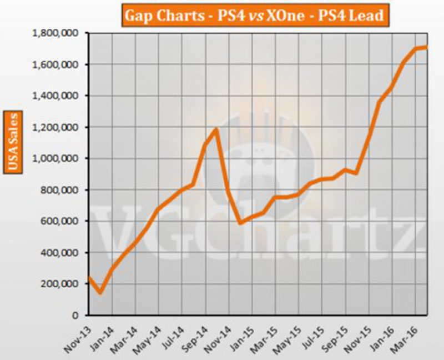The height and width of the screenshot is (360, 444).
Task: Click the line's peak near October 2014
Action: tap(215, 130)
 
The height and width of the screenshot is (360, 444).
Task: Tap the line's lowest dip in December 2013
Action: tap(100, 292)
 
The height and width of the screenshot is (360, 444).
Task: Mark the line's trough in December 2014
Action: tap(239, 223)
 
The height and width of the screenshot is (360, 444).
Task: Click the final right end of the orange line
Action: tap(426, 47)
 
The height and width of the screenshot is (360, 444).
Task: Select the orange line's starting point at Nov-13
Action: tap(89, 277)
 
